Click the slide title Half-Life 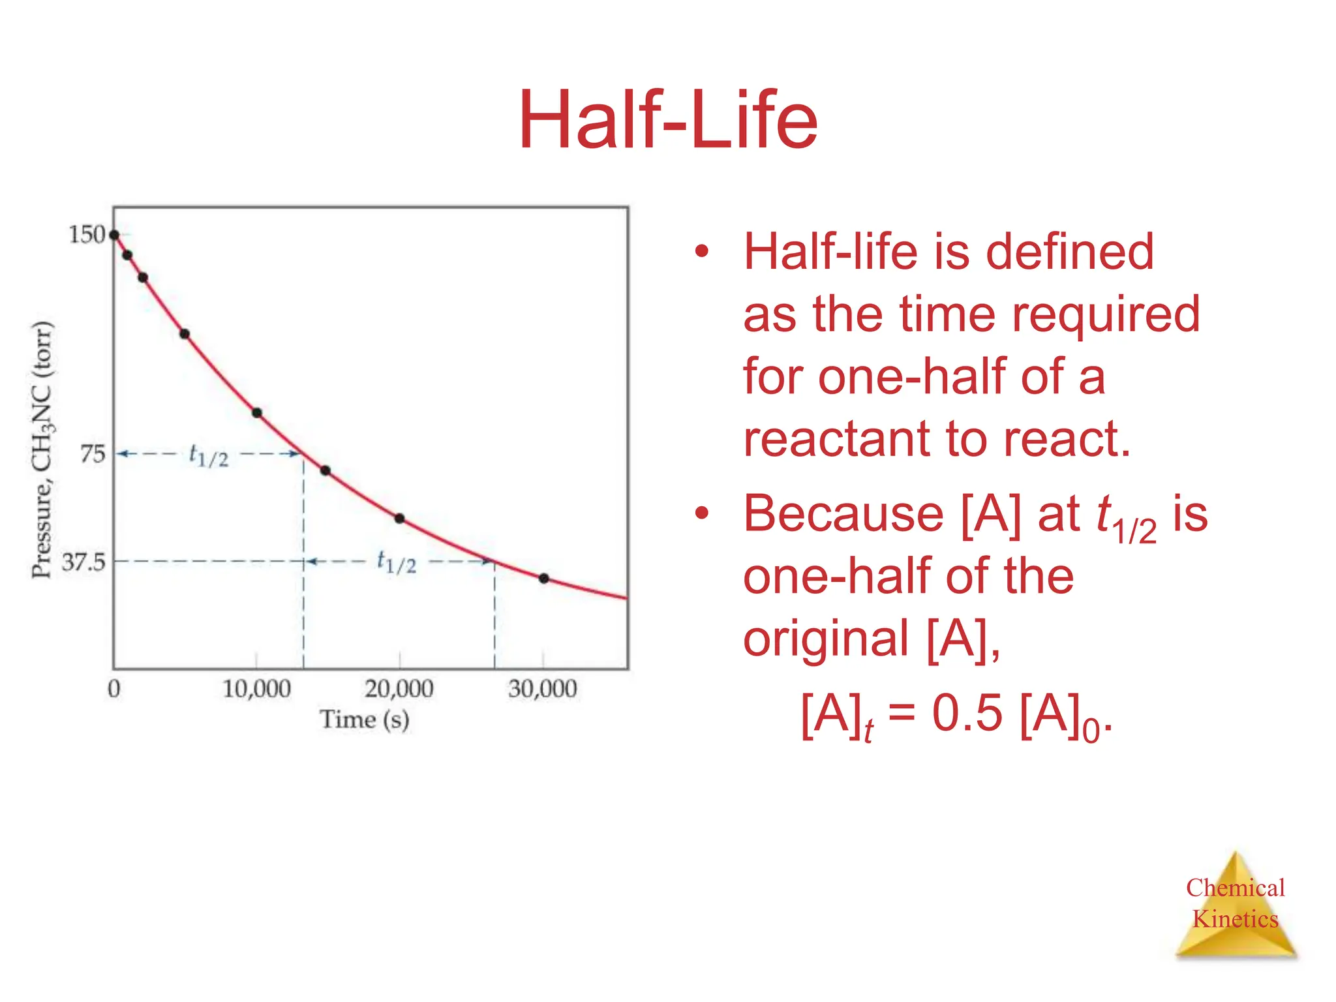coord(667,121)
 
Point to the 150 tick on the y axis coord(87,234)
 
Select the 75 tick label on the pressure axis coord(92,453)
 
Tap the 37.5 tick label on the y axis coord(83,562)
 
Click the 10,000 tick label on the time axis coord(256,689)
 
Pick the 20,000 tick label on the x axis coord(399,689)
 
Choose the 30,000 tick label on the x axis coord(543,689)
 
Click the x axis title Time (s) coord(364,720)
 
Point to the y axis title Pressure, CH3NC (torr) coord(43,450)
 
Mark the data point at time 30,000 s coord(544,579)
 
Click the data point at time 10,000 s coord(257,413)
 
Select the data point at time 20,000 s coord(400,519)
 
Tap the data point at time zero coord(114,235)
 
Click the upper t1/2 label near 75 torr coord(208,455)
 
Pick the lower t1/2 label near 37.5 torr coord(396,562)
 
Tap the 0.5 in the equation coord(967,713)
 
